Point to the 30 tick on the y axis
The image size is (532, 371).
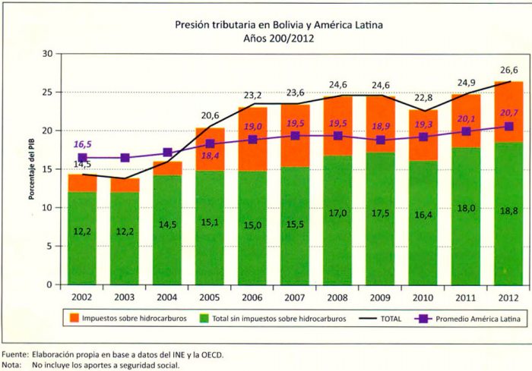click(47, 54)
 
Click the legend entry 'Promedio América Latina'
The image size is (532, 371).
click(477, 319)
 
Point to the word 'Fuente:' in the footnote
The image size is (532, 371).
click(15, 354)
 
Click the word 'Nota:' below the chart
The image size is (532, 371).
click(11, 365)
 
